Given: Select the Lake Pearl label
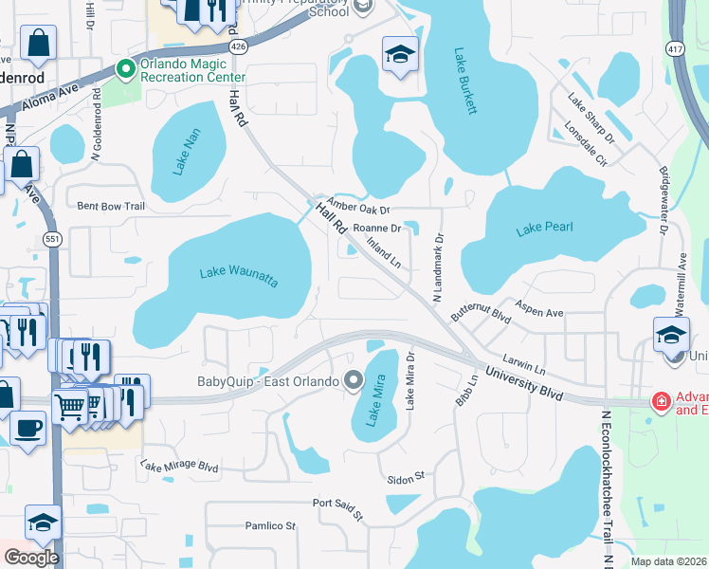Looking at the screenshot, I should point(545,229).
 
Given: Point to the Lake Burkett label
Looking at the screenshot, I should point(464,82).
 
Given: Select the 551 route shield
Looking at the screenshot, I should point(52,240).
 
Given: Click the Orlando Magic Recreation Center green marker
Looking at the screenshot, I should point(124,67).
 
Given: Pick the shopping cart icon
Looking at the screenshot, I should point(70,406).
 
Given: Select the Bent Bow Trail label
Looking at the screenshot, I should point(111,206).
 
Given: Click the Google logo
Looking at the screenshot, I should point(30,558).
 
